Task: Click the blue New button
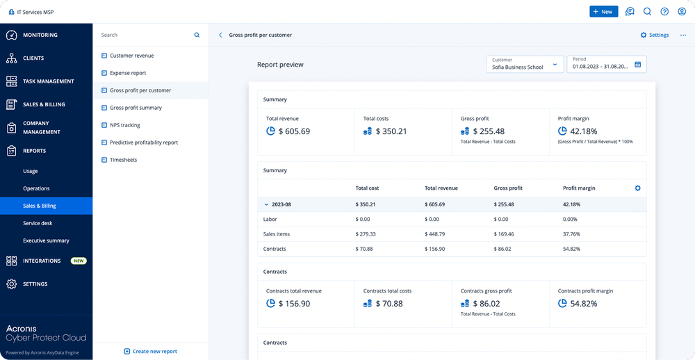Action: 603,12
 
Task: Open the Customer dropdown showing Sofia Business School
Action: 525,65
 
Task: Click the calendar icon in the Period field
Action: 638,65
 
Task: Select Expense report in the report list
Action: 128,73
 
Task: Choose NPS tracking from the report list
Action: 125,125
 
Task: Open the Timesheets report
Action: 123,160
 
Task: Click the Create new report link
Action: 150,352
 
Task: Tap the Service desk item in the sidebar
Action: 38,223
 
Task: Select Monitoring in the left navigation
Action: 40,35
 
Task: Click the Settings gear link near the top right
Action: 654,35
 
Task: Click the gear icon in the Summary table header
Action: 638,188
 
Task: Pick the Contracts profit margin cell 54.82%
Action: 571,249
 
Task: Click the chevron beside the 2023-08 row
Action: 266,204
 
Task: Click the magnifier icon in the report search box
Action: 197,35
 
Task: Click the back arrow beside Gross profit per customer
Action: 220,35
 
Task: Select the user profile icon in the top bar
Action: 682,12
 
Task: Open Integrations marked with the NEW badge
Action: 42,261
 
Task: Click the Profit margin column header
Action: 579,188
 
